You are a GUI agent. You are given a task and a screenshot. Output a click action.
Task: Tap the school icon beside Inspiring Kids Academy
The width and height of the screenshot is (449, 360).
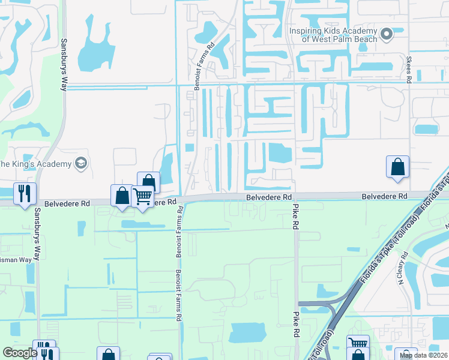[387, 35]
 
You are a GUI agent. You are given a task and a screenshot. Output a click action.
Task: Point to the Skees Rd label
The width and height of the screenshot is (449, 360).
[409, 69]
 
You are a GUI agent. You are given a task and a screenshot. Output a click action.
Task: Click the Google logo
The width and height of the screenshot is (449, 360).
[20, 353]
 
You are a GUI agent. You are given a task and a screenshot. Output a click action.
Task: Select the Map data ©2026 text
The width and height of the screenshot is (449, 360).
[423, 355]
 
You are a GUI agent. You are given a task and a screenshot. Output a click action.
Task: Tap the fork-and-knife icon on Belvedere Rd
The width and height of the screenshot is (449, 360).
[25, 193]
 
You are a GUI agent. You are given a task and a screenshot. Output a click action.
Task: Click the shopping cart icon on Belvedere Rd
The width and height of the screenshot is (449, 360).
[142, 195]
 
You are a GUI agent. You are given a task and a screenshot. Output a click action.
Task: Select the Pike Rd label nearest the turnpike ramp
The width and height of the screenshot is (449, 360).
[295, 323]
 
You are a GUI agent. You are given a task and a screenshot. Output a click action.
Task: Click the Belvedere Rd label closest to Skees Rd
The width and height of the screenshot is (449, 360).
[384, 196]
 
